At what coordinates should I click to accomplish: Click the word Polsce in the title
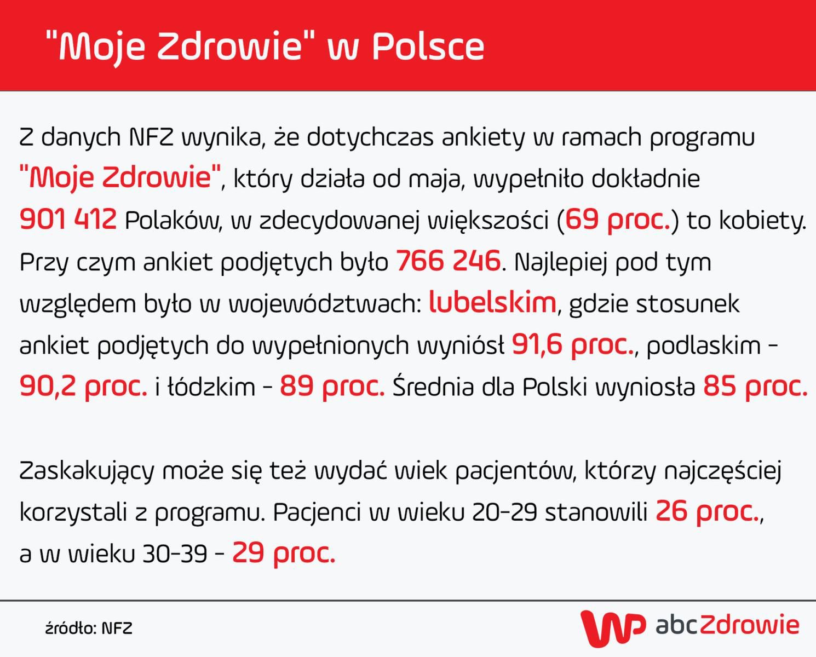(428, 47)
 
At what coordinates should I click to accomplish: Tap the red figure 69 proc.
(618, 220)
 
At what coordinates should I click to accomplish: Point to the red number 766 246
(448, 261)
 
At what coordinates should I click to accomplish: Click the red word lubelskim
(492, 303)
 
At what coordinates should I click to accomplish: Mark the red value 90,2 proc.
(83, 387)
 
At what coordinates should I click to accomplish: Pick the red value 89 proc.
(332, 387)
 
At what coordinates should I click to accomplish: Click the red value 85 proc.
(755, 387)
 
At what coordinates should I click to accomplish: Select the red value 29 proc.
(283, 554)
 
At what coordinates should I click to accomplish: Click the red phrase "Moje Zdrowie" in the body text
(120, 178)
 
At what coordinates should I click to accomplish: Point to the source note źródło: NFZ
(89, 628)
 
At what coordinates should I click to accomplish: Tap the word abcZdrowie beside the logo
(727, 625)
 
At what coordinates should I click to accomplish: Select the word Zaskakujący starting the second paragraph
(85, 471)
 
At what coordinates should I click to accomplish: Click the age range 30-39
(175, 554)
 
